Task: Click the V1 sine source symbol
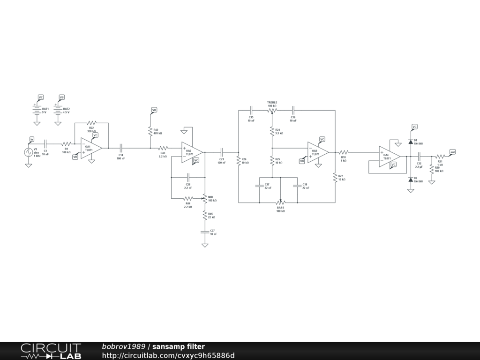[x=29, y=152]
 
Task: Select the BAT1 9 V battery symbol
[x=37, y=110]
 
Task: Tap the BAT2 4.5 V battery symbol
[x=58, y=110]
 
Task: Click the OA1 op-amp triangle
[x=90, y=148]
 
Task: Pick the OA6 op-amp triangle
[x=192, y=152]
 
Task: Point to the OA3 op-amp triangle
[x=317, y=152]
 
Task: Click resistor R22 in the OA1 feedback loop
[x=91, y=123]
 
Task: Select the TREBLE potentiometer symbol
[x=272, y=111]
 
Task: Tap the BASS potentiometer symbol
[x=280, y=202]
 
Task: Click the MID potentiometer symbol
[x=205, y=199]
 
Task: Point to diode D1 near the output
[x=411, y=141]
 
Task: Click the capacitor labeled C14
[x=121, y=148]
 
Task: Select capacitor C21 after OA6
[x=222, y=152]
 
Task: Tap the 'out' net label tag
[x=452, y=152]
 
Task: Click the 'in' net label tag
[x=32, y=139]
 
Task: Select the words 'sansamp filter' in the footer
[x=179, y=346]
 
